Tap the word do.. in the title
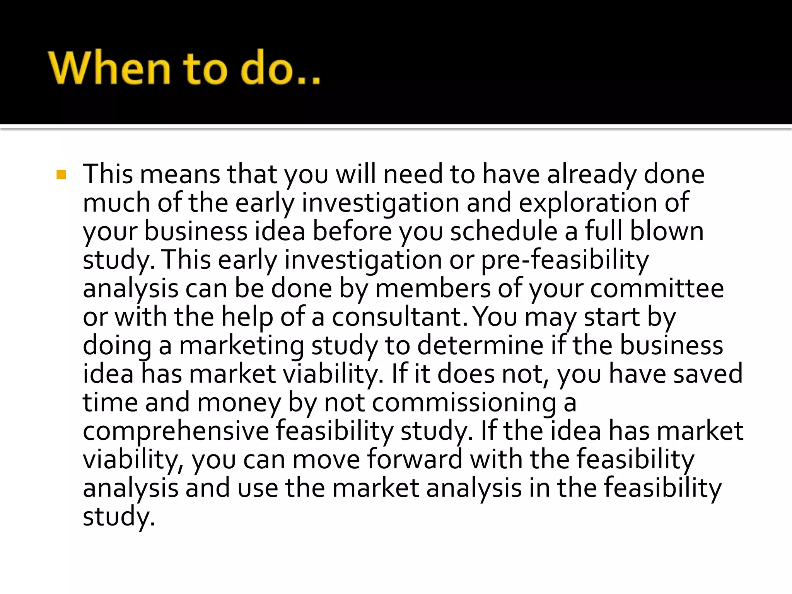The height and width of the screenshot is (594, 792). pyautogui.click(x=280, y=68)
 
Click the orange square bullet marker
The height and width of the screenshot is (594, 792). pyautogui.click(x=61, y=175)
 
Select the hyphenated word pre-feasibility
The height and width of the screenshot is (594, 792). pyautogui.click(x=565, y=260)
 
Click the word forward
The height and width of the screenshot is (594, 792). pyautogui.click(x=415, y=459)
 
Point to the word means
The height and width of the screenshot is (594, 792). pyautogui.click(x=179, y=175)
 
